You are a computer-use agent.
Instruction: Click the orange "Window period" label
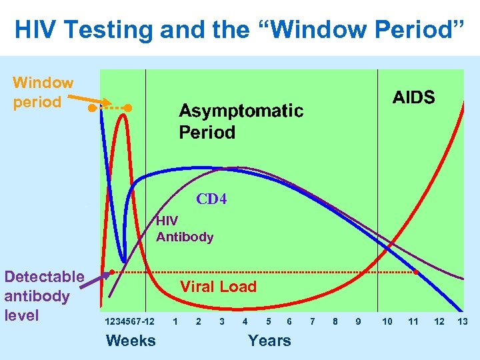[x=43, y=93]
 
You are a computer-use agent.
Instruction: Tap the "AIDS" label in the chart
[x=413, y=98]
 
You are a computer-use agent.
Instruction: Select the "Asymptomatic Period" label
[x=241, y=121]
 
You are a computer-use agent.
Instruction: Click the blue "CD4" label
[x=211, y=199]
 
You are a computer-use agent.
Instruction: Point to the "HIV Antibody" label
[x=185, y=229]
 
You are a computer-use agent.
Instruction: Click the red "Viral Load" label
[x=219, y=287]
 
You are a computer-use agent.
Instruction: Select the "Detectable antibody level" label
[x=44, y=295]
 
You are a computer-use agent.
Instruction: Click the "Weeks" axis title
[x=131, y=341]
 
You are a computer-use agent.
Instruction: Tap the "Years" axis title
[x=269, y=341]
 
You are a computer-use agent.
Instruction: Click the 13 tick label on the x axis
[x=463, y=321]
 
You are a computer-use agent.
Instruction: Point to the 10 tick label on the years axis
[x=387, y=321]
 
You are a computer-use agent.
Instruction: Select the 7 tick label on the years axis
[x=313, y=321]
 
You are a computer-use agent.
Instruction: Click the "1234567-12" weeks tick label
[x=129, y=321]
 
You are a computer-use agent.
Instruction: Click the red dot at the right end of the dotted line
[x=415, y=272]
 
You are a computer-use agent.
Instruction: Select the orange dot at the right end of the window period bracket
[x=129, y=107]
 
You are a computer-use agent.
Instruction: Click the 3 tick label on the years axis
[x=221, y=321]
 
